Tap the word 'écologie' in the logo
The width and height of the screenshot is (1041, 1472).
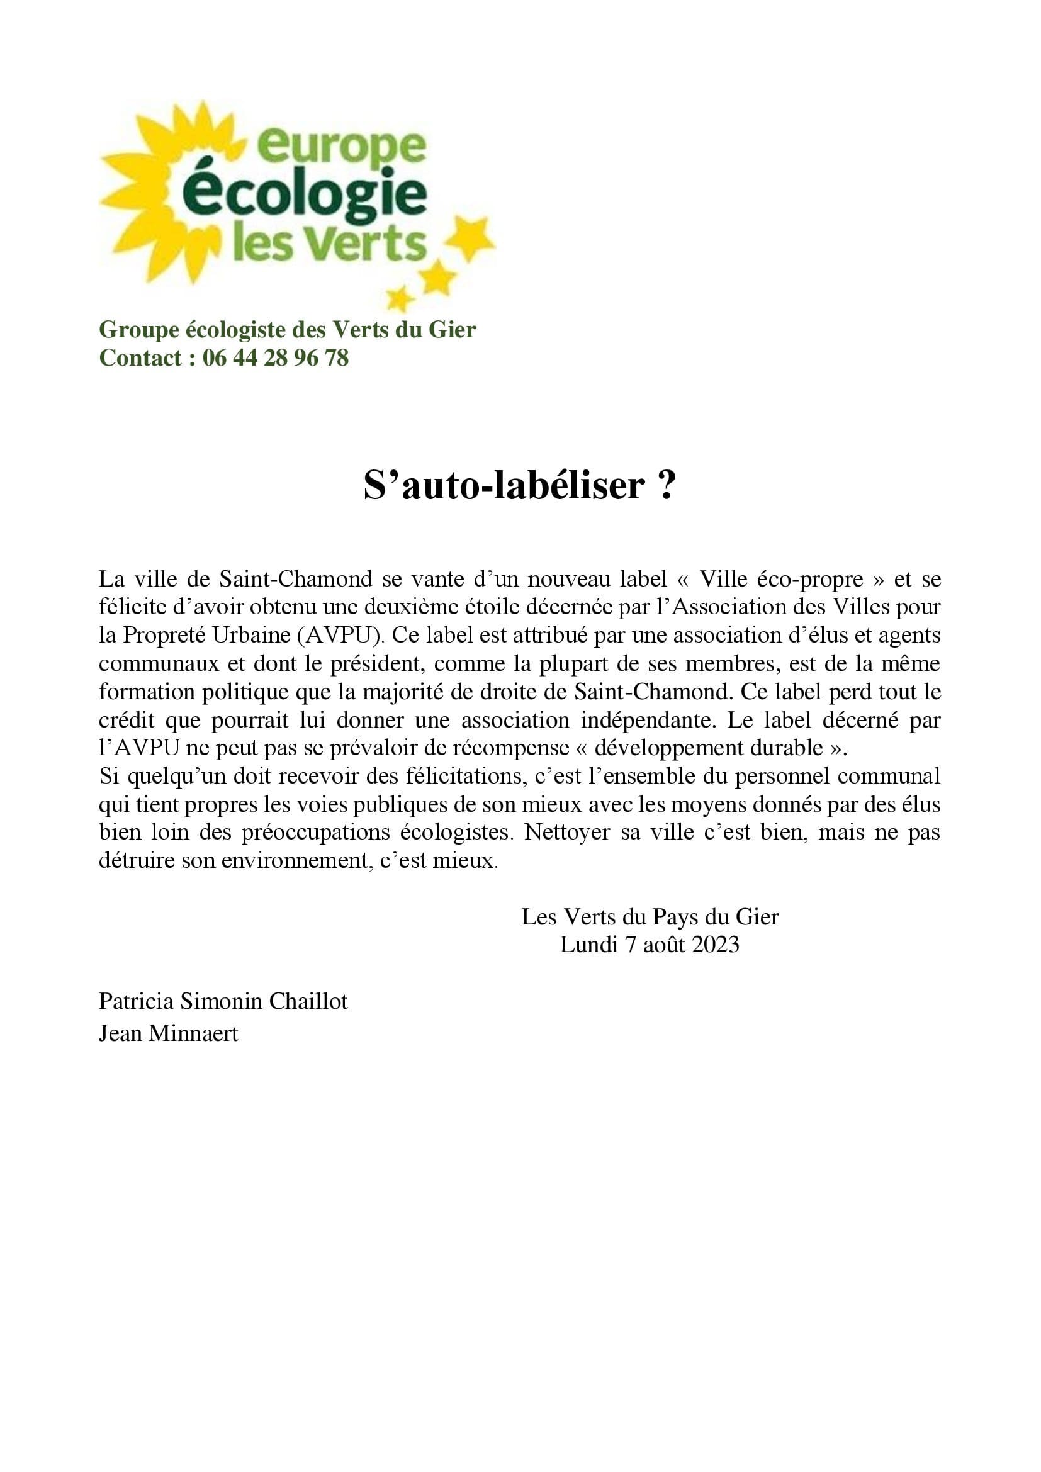tap(308, 194)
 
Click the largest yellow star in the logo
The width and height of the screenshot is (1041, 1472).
tap(471, 239)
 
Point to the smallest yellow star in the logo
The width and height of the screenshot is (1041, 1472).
tap(400, 298)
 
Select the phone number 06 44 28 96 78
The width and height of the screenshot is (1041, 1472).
tap(276, 357)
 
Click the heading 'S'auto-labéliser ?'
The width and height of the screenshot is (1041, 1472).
tap(520, 485)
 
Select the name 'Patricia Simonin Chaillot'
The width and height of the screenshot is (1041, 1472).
tap(223, 1001)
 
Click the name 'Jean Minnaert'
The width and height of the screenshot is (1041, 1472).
tap(169, 1033)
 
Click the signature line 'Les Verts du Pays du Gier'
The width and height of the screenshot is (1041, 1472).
tap(650, 917)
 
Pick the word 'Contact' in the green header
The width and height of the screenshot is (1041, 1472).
tap(141, 357)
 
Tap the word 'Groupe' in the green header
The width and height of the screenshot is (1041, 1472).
tap(139, 330)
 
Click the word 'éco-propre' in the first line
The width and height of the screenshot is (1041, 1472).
tap(810, 579)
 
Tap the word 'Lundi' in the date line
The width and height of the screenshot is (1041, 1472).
tap(588, 945)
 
